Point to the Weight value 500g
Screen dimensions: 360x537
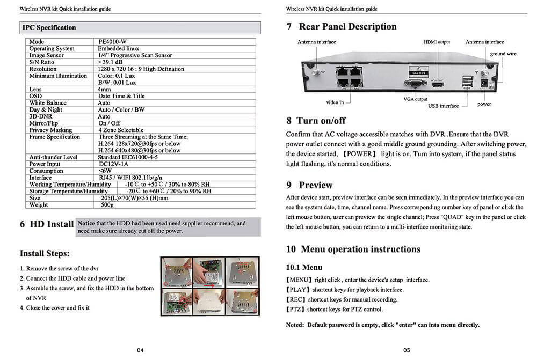point(107,204)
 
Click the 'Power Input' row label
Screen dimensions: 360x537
point(45,164)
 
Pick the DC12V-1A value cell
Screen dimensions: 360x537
point(113,164)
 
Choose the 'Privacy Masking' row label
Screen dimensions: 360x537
point(50,130)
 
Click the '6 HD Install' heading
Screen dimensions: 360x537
point(47,224)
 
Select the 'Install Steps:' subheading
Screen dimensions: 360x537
point(45,253)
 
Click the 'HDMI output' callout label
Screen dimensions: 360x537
point(437,42)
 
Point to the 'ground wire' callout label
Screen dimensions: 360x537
point(503,54)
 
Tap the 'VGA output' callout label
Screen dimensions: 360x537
point(416,99)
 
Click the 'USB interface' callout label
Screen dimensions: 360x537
point(443,106)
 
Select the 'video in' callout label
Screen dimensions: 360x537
point(335,102)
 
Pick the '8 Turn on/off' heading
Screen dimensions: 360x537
point(316,121)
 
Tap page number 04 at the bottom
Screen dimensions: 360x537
point(140,350)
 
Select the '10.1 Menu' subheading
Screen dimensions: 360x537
point(304,267)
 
